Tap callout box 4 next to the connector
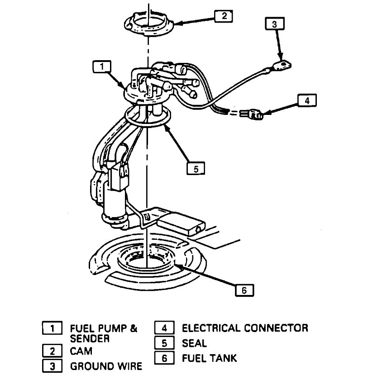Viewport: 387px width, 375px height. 306,101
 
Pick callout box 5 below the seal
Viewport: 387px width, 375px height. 196,168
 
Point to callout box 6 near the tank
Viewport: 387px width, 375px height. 244,290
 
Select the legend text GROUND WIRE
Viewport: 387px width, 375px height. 105,366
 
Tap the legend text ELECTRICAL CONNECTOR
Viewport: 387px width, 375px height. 244,328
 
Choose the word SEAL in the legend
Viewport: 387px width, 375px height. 194,343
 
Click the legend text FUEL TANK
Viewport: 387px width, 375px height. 209,359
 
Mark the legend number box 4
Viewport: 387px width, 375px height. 164,328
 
